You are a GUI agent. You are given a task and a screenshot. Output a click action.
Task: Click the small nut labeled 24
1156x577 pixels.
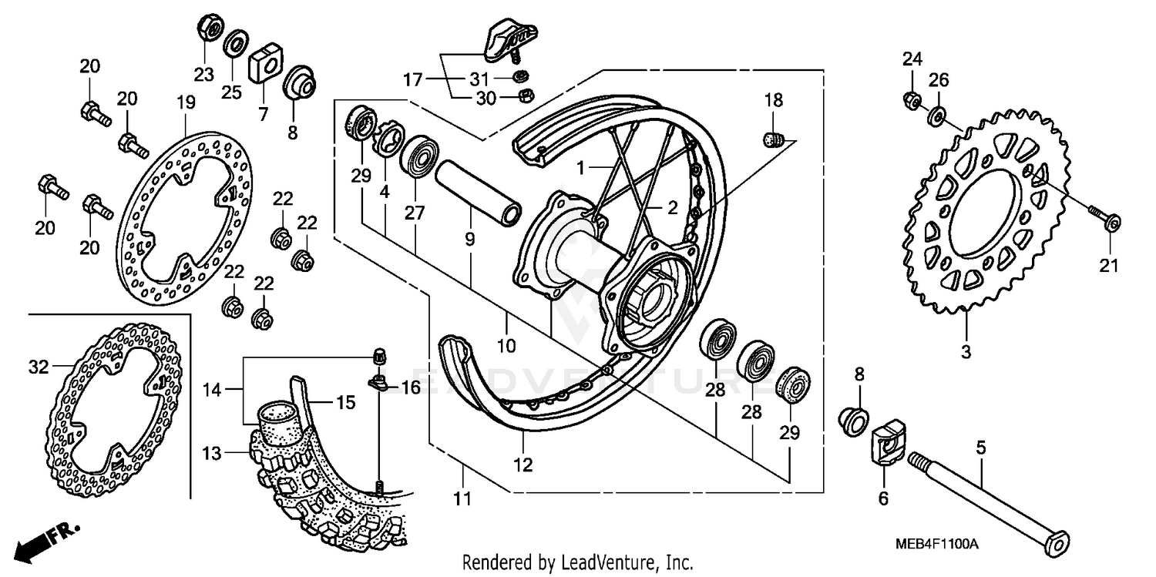910,99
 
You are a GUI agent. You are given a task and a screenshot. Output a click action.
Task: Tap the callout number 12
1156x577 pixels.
523,465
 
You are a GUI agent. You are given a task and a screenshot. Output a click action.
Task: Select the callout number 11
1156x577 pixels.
461,499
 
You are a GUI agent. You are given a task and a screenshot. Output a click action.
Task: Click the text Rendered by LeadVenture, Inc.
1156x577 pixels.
578,562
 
